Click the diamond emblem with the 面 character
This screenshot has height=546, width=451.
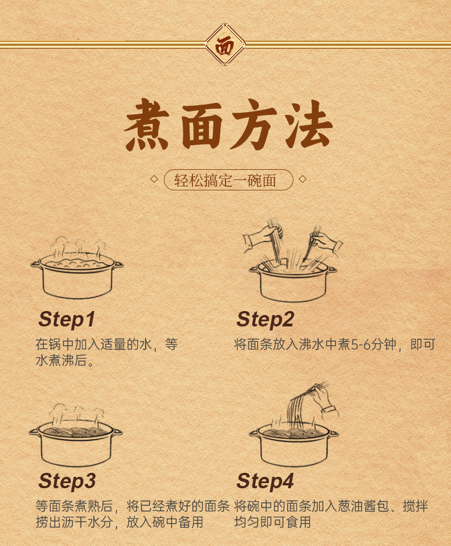(224, 45)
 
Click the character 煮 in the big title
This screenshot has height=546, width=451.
(147, 125)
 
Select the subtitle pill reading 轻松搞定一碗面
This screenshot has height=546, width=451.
(228, 180)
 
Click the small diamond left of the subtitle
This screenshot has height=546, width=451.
(154, 179)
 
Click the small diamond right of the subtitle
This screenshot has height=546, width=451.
(303, 179)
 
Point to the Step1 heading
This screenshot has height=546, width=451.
(67, 320)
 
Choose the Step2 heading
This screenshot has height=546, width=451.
(265, 320)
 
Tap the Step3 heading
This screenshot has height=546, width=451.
(67, 481)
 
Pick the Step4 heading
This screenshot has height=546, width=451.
(265, 481)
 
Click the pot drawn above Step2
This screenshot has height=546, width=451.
(293, 281)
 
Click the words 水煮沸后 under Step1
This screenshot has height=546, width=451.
(61, 360)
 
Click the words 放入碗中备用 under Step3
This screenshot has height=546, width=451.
(164, 522)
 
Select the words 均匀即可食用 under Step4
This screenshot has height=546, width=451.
(273, 522)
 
